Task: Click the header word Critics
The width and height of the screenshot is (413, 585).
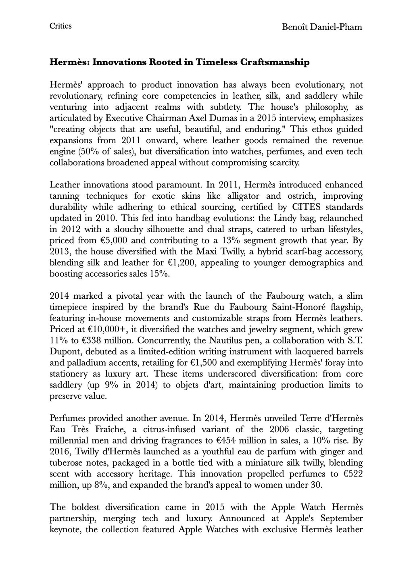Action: (60, 26)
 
